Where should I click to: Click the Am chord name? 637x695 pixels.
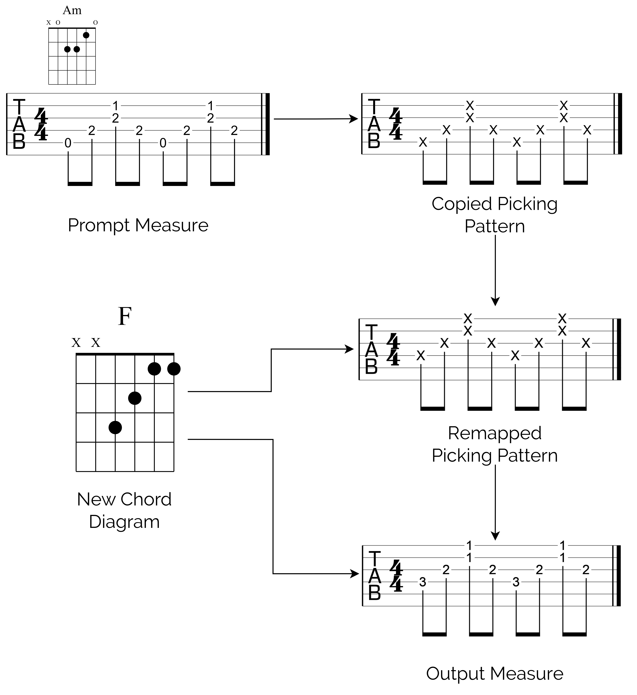(72, 10)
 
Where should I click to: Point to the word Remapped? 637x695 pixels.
(495, 433)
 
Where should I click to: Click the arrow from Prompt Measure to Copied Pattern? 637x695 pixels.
(315, 119)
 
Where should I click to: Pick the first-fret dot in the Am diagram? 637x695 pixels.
(86, 35)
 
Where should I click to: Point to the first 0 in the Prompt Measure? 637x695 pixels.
(68, 143)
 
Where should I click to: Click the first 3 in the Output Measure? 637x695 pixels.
(423, 582)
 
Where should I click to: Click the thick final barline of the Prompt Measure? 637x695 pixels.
(268, 124)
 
